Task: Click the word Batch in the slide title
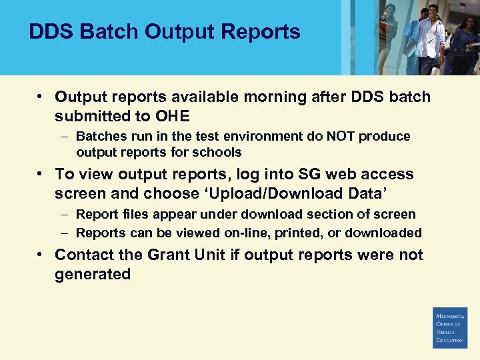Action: (x=99, y=31)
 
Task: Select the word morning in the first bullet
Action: (x=273, y=97)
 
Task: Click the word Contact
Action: (x=82, y=255)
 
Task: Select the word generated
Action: (x=93, y=275)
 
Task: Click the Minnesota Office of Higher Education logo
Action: (x=450, y=327)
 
